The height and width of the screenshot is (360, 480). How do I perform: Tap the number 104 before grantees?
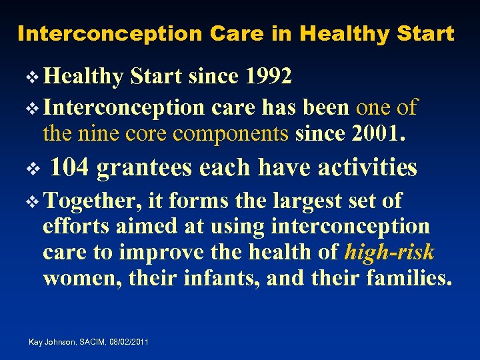(x=70, y=168)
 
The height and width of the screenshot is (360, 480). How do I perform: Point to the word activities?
(x=367, y=168)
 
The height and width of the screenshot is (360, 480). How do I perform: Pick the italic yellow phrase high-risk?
(x=390, y=252)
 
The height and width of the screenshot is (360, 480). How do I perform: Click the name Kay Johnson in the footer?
(x=49, y=342)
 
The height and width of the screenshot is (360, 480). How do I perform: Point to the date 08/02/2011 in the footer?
(x=126, y=342)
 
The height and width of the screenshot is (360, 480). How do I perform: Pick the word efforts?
(x=75, y=227)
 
